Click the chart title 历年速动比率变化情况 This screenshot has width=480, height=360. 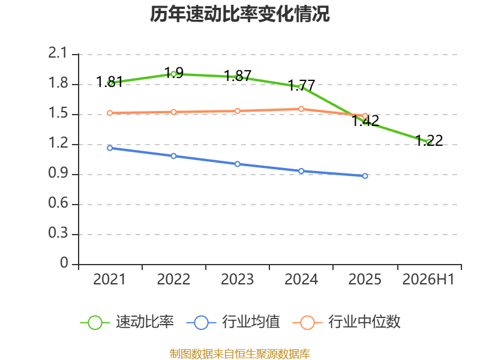239,14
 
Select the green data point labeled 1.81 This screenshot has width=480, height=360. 110,83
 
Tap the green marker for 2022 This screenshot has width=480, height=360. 173,74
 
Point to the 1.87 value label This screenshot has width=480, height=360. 238,76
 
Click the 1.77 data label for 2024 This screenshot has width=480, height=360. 302,85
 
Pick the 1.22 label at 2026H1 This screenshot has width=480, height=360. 430,140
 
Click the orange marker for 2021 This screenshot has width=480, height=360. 110,113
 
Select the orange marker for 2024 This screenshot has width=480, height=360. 301,109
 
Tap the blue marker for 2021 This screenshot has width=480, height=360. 110,148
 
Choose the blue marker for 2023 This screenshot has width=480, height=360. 237,164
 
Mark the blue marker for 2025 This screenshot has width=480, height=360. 365,176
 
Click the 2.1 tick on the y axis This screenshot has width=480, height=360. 58,53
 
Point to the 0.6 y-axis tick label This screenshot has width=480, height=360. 58,203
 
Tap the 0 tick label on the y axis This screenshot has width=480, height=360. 64,263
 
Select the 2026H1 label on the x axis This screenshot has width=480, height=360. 428,279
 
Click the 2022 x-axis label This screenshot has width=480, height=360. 173,279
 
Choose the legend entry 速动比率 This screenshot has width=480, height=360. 127,322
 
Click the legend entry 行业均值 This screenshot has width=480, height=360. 233,322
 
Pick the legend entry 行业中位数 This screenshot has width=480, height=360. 347,322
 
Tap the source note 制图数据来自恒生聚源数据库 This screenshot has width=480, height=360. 240,354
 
